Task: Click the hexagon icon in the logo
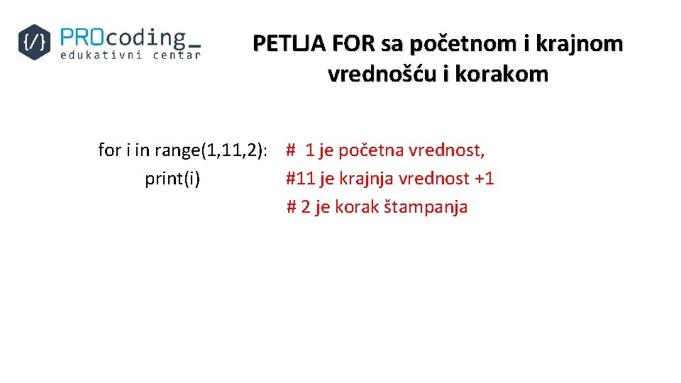[35, 42]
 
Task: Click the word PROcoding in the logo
[122, 37]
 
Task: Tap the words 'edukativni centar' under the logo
[131, 55]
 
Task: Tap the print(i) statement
[172, 179]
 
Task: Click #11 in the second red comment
[300, 179]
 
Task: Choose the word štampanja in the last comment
[426, 207]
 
